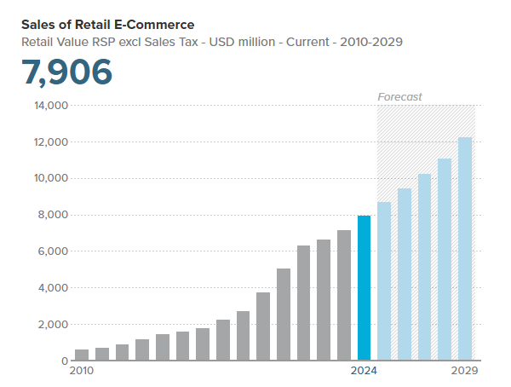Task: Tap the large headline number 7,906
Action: click(x=67, y=73)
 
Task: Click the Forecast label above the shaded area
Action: click(x=399, y=97)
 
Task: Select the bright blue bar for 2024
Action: click(x=364, y=287)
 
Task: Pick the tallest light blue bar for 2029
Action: click(x=464, y=249)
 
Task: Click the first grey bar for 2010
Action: click(x=82, y=355)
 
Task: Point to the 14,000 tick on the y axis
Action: click(x=50, y=106)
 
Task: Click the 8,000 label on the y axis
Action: click(x=53, y=215)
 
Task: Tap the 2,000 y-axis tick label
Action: click(x=53, y=325)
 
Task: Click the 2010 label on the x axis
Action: click(x=81, y=372)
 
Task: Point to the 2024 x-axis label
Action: click(x=364, y=372)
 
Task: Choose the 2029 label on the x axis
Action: click(x=464, y=372)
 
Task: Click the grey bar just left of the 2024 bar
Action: click(x=343, y=295)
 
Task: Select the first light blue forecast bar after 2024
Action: click(x=384, y=281)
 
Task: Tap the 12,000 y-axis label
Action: click(x=50, y=142)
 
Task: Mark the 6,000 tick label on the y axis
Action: click(x=53, y=251)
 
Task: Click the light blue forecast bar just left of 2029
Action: click(x=445, y=259)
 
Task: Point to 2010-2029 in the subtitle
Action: click(x=371, y=41)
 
